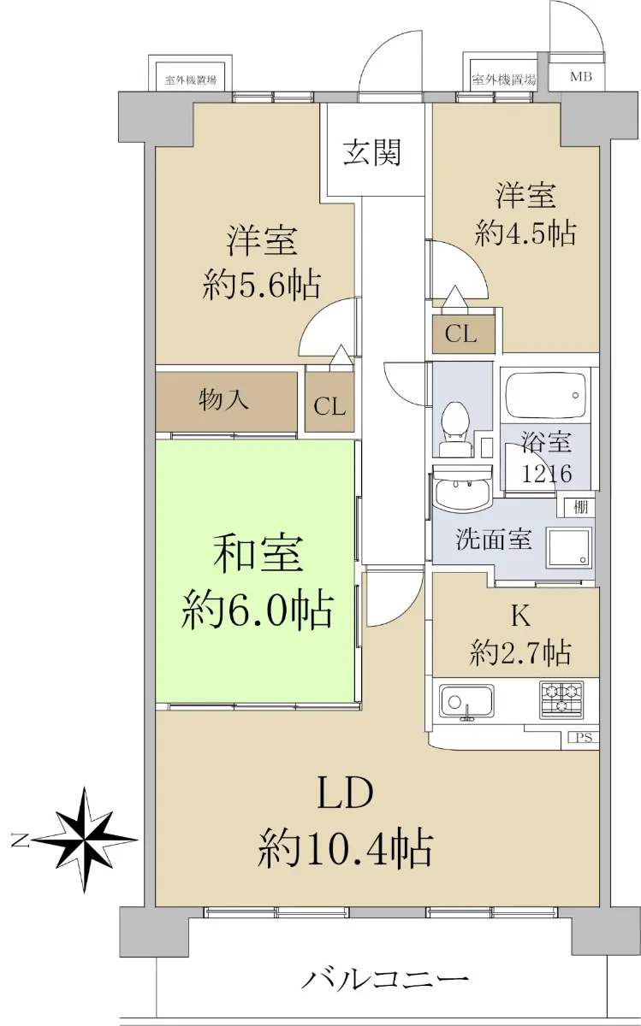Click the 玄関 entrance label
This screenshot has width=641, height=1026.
click(372, 151)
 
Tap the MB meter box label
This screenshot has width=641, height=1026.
click(580, 76)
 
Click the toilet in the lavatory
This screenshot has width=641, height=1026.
click(454, 429)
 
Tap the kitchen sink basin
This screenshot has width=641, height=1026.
click(466, 702)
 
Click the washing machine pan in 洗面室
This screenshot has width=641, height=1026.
click(568, 547)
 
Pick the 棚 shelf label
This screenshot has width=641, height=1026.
click(580, 507)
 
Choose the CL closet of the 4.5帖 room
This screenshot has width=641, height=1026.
click(463, 333)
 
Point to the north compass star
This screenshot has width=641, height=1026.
click(86, 840)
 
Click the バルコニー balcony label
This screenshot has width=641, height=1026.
click(386, 977)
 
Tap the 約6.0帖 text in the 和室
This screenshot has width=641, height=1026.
click(257, 611)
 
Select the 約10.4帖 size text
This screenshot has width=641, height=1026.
click(345, 850)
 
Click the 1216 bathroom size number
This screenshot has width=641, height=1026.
click(547, 474)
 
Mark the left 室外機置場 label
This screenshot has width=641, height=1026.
click(190, 80)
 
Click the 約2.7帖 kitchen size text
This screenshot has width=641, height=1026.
click(520, 652)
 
